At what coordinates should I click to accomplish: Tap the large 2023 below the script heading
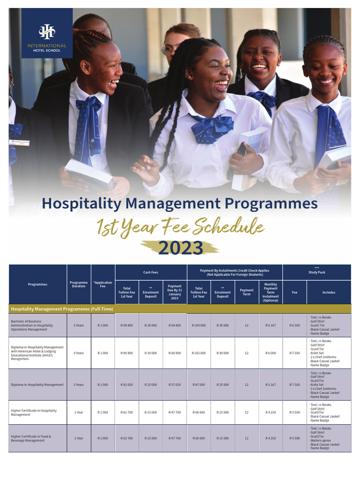pos(180,248)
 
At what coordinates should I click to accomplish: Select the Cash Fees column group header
pos(151,272)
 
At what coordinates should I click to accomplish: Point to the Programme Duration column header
pos(79,285)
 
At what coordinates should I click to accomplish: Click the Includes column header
pos(329,292)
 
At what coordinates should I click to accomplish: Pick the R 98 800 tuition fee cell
pos(127,325)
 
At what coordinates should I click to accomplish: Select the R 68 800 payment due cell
pos(175,325)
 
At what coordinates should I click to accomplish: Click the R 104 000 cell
pos(199,325)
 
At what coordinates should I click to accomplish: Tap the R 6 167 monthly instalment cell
pos(270,325)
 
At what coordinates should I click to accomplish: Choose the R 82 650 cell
pos(127,385)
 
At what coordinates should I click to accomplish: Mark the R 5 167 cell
pos(270,385)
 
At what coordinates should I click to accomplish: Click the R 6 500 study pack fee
pos(294,325)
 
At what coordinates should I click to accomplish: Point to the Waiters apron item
pos(322,441)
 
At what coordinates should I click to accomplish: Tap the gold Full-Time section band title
pos(62,309)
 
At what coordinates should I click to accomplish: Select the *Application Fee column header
pos(103,285)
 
